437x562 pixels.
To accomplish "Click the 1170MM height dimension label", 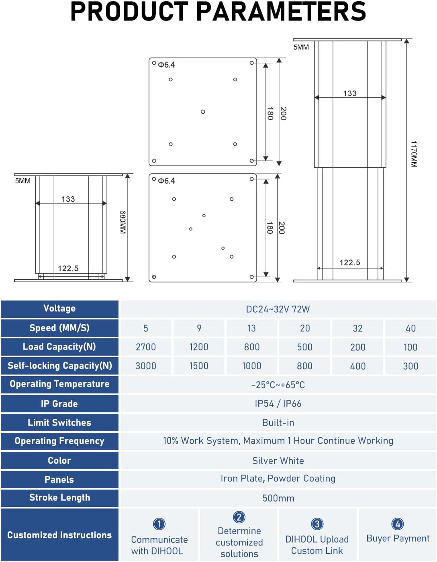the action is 414,154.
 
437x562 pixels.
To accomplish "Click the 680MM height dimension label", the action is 123,222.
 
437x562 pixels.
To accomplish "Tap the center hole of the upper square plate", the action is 203,112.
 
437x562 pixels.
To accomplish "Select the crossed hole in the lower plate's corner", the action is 154,277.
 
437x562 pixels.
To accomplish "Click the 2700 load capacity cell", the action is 146,347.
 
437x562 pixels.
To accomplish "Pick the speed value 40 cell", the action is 410,328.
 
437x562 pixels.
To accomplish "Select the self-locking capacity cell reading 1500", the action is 199,366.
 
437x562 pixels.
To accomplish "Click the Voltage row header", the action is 59,309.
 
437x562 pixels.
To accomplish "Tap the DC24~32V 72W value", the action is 278,309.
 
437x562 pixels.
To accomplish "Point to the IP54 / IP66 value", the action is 278,403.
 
